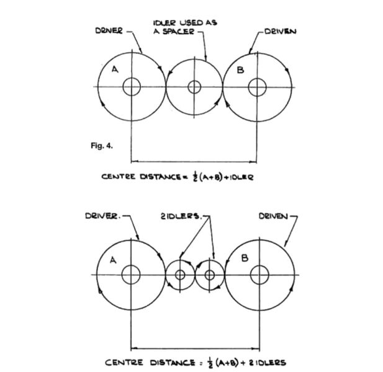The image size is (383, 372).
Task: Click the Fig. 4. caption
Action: click(x=102, y=146)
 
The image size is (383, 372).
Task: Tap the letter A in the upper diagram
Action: click(x=115, y=69)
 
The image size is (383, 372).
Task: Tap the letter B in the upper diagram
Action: click(x=241, y=70)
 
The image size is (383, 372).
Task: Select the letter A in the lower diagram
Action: click(x=113, y=260)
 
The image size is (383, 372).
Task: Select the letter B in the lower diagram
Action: click(x=245, y=258)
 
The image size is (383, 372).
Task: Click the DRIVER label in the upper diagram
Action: click(x=109, y=31)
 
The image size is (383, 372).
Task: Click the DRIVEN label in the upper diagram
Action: click(x=280, y=32)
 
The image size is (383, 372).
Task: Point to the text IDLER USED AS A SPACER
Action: click(x=185, y=27)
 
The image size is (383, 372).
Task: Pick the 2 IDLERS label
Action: click(x=180, y=216)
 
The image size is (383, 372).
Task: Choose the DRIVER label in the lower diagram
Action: click(x=102, y=216)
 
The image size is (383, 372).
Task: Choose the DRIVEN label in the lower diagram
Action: click(x=273, y=216)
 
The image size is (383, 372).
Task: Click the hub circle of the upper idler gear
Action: click(x=194, y=87)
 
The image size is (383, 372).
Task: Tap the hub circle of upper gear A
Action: click(x=132, y=87)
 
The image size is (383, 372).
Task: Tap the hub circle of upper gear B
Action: click(x=257, y=87)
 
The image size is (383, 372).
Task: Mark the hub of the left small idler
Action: click(x=180, y=275)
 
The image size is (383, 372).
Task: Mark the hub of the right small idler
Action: click(x=209, y=275)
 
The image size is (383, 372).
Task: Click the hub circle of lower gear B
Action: click(x=259, y=275)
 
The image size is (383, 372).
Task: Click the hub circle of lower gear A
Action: click(x=131, y=275)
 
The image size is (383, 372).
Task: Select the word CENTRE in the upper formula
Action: click(x=118, y=176)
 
